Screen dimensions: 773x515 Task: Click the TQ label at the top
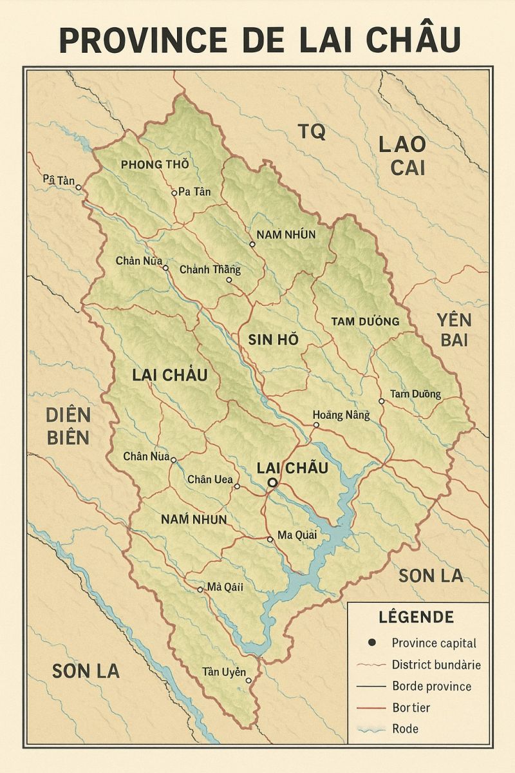point(312,131)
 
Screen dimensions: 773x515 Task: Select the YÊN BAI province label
point(453,330)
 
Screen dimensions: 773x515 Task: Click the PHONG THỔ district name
point(154,164)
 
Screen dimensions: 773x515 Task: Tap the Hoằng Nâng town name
point(341,415)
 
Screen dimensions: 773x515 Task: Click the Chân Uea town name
point(210,479)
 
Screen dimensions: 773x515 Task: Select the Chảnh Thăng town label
point(210,269)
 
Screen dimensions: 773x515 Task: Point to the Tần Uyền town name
point(224,672)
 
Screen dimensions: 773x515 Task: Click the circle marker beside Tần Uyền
point(248,680)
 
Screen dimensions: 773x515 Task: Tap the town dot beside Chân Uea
point(237,486)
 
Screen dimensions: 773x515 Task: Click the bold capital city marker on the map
point(272,482)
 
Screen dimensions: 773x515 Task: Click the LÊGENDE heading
point(416,617)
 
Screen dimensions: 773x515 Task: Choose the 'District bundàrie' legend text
point(436,665)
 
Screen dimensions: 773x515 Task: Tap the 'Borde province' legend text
point(431,686)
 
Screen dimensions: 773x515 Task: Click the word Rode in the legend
point(405,729)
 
